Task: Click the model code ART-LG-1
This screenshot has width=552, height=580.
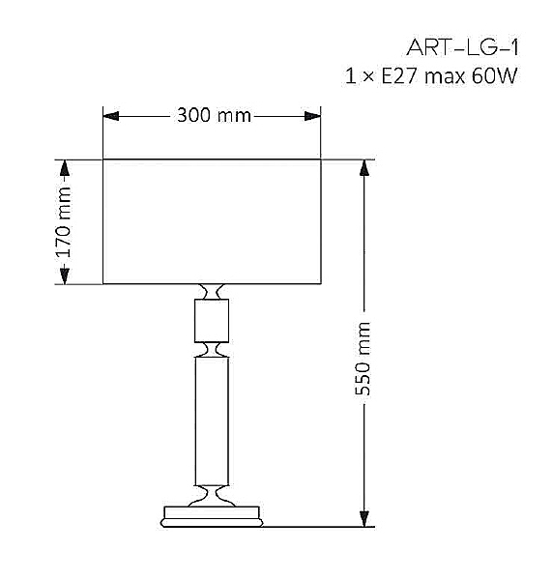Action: [x=463, y=47]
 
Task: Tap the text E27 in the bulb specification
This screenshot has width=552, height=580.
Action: [x=399, y=76]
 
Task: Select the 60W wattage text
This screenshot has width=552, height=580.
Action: [x=494, y=76]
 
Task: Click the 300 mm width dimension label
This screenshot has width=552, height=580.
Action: [x=214, y=115]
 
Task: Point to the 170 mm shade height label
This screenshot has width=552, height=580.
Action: [x=63, y=222]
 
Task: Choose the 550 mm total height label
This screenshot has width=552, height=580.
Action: [x=363, y=359]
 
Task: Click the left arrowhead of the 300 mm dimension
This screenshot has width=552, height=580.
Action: [x=110, y=116]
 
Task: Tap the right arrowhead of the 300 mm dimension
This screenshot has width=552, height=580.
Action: [x=312, y=116]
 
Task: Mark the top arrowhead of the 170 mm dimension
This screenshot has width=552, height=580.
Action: [x=65, y=167]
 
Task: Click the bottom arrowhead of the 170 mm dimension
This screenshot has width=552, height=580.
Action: [x=65, y=275]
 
